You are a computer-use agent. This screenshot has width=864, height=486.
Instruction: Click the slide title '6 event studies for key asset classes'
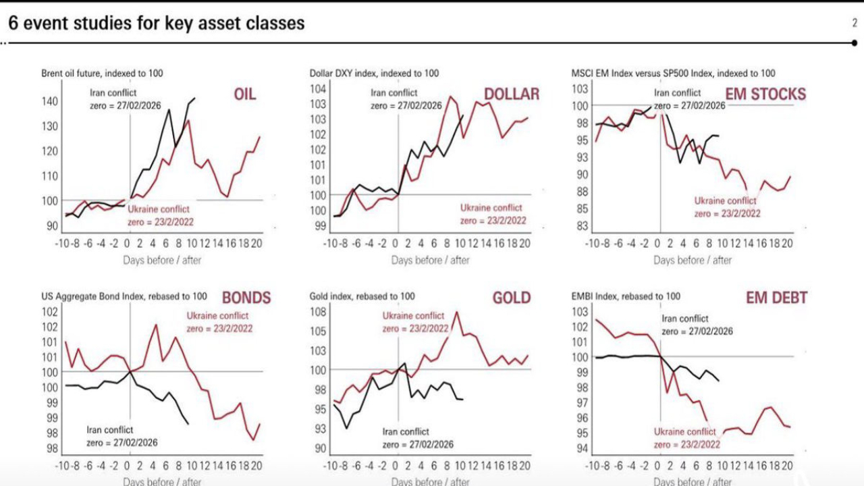[156, 23]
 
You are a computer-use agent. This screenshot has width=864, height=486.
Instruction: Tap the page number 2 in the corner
[854, 23]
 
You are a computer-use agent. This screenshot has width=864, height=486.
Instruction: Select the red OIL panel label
[244, 94]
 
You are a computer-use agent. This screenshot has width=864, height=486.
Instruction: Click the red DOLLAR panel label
[512, 94]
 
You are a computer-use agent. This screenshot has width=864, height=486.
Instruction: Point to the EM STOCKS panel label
[765, 94]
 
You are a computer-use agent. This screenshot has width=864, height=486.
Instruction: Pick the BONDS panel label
[246, 298]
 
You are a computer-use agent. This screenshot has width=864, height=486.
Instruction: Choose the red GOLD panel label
[512, 298]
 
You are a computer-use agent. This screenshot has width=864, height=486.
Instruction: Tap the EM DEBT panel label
[776, 298]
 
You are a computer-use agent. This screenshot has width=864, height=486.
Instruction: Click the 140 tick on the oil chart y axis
[51, 101]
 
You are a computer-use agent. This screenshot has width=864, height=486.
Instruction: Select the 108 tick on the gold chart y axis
[319, 312]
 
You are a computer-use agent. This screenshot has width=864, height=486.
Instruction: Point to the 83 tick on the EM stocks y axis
[580, 226]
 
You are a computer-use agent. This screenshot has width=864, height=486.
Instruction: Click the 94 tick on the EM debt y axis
[580, 449]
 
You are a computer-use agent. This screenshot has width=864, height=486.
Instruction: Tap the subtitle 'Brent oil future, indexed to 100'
[102, 74]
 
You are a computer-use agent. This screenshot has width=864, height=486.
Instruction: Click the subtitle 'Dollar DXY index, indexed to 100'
[374, 74]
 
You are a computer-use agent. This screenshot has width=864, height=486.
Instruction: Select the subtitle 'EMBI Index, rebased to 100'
[626, 296]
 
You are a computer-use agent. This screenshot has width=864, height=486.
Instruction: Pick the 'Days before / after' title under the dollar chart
[430, 260]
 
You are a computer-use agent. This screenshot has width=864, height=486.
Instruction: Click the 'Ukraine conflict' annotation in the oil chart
[159, 209]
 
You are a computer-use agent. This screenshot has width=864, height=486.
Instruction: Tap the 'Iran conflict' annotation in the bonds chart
[110, 430]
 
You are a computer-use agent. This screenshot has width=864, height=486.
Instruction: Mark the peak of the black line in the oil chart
[194, 99]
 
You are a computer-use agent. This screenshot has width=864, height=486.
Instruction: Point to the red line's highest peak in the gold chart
[457, 312]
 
